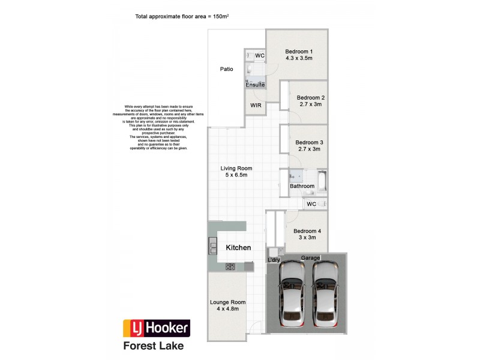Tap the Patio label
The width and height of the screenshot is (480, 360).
226,69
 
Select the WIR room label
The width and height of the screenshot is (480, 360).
255,105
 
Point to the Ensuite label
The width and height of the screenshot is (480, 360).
255,85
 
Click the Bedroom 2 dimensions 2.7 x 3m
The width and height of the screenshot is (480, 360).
310,104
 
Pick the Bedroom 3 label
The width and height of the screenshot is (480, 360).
310,142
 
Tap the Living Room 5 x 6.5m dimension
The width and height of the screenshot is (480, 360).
236,175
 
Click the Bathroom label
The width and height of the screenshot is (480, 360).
302,186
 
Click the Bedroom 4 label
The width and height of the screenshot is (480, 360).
307,231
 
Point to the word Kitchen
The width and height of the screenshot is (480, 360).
238,247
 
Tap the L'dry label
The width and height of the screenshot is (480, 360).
274,260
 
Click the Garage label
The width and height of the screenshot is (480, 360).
310,257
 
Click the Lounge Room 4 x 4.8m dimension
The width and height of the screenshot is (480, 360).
228,309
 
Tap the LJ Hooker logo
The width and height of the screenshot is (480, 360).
157,328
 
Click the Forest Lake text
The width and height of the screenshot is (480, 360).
153,346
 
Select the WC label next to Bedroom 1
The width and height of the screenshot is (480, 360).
260,56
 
